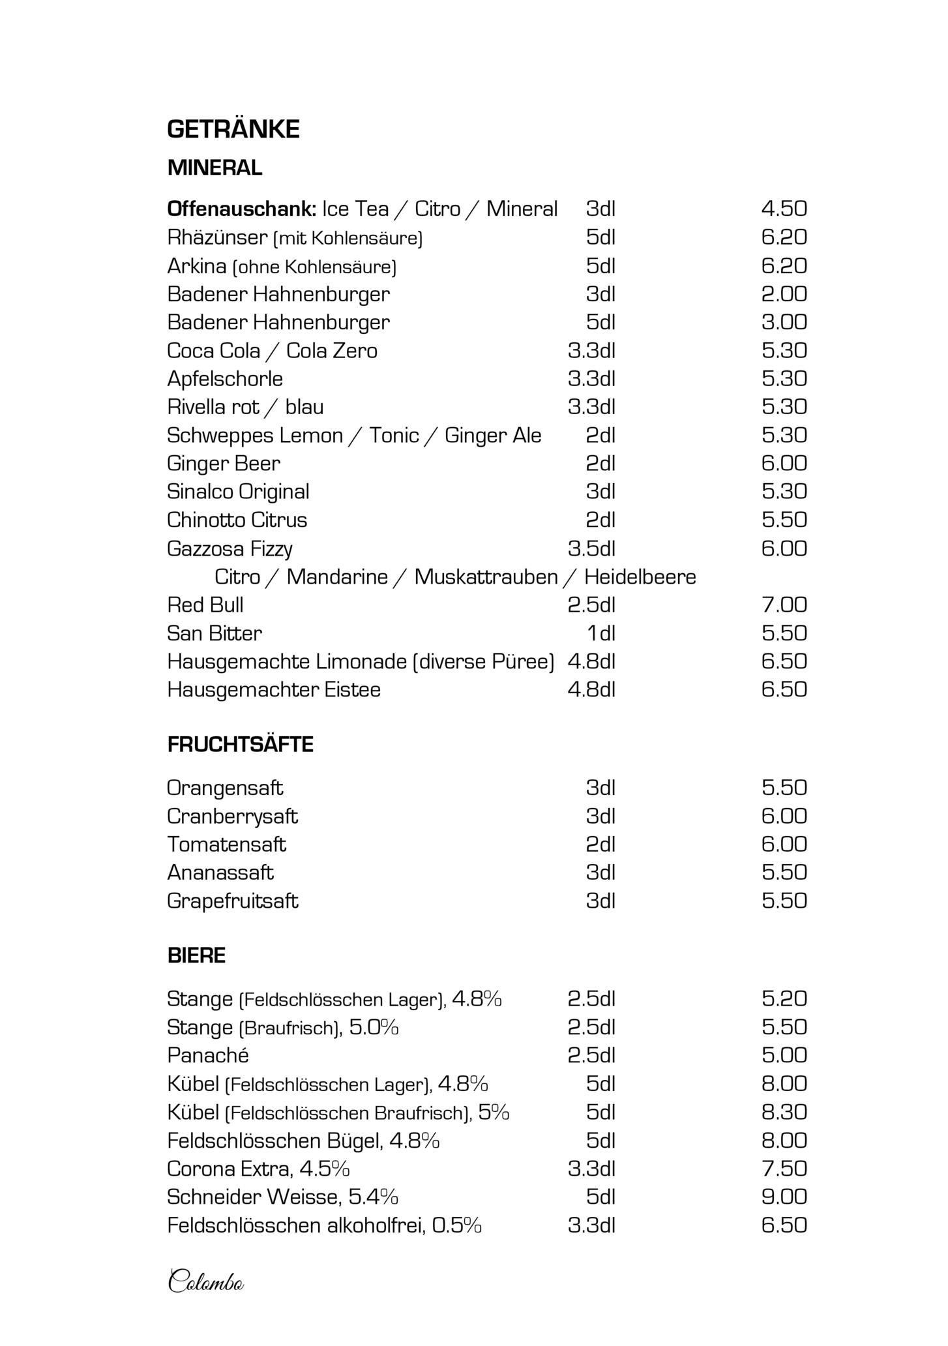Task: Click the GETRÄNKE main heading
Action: pyautogui.click(x=233, y=129)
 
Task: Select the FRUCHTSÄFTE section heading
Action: pyautogui.click(x=240, y=745)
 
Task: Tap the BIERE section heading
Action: pyautogui.click(x=196, y=956)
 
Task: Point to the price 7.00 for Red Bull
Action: pyautogui.click(x=784, y=605)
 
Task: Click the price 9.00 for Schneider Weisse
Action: pyautogui.click(x=784, y=1197)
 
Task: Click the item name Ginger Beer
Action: pyautogui.click(x=224, y=464)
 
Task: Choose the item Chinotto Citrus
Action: pyautogui.click(x=237, y=520)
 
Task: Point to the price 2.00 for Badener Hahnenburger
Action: pyautogui.click(x=784, y=294)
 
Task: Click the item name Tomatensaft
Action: pyautogui.click(x=226, y=845)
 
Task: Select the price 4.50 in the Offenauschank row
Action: pyautogui.click(x=784, y=209)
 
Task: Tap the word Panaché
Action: pyautogui.click(x=208, y=1056)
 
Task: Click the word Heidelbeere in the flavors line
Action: pyautogui.click(x=640, y=576)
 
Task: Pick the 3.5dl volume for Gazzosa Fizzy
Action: pyautogui.click(x=591, y=548)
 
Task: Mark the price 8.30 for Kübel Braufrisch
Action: pyautogui.click(x=784, y=1112)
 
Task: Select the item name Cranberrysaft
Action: pyautogui.click(x=232, y=816)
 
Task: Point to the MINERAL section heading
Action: pyautogui.click(x=215, y=168)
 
